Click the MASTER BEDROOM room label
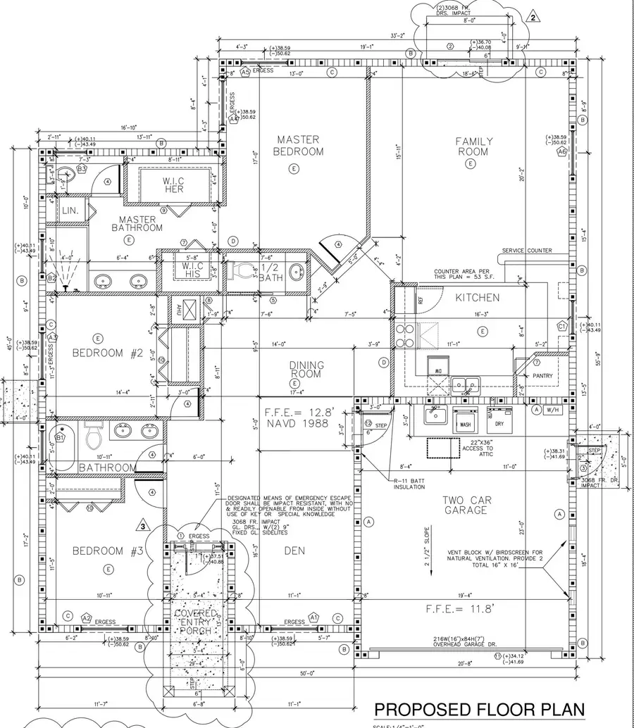(x=299, y=146)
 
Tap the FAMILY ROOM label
(x=473, y=146)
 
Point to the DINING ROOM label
(x=306, y=369)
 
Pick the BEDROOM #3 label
(x=107, y=550)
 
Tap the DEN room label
(x=294, y=550)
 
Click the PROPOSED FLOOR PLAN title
(x=479, y=708)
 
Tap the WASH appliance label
(x=466, y=425)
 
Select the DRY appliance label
(x=499, y=425)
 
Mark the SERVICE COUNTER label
(x=527, y=251)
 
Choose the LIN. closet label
(x=70, y=211)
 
